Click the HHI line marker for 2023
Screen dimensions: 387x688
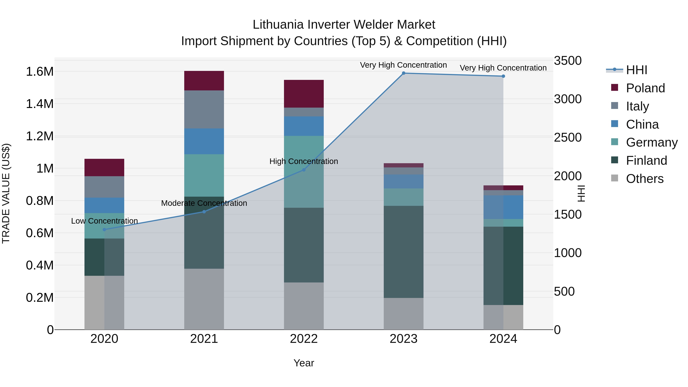404,73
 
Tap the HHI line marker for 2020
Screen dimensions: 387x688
104,229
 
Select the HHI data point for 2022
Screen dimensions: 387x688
304,170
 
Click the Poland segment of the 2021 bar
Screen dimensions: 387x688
204,81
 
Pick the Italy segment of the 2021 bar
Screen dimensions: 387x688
204,110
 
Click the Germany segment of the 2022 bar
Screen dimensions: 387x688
304,172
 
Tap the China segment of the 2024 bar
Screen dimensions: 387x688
503,207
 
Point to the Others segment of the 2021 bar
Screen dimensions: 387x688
204,299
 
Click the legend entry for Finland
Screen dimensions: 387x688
646,161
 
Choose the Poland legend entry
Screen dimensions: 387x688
645,88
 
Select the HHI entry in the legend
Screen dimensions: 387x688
636,70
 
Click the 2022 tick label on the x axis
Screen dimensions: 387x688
304,339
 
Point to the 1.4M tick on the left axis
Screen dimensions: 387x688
40,104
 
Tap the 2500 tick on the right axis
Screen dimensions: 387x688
568,138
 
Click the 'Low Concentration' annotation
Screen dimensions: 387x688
104,221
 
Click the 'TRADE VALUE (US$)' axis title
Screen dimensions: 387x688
6,193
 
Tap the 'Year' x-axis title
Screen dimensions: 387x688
304,363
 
